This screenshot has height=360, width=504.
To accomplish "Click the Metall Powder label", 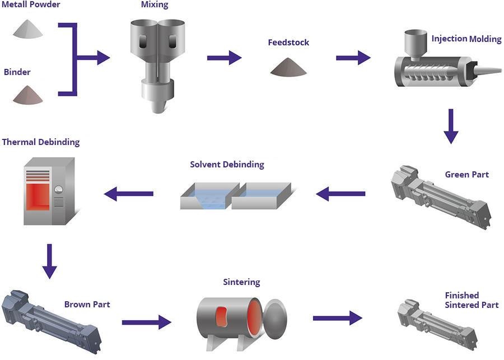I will pos(31,5).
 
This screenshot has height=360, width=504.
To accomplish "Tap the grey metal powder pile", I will pos(28,29).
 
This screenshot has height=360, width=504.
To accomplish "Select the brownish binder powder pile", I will pos(28,95).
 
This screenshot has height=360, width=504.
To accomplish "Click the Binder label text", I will pos(17,72).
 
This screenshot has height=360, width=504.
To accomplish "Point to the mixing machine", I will pos(157,62).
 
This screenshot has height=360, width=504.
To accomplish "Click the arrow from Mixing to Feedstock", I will pos(224,58).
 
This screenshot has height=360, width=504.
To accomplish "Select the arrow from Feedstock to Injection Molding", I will pos(353,58).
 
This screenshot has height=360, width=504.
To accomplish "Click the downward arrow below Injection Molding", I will pos(451,127).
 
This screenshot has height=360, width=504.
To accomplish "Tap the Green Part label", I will pos(466,175).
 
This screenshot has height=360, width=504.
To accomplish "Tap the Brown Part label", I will pos(87,305).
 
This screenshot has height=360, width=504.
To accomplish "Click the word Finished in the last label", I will pos(462,296).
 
